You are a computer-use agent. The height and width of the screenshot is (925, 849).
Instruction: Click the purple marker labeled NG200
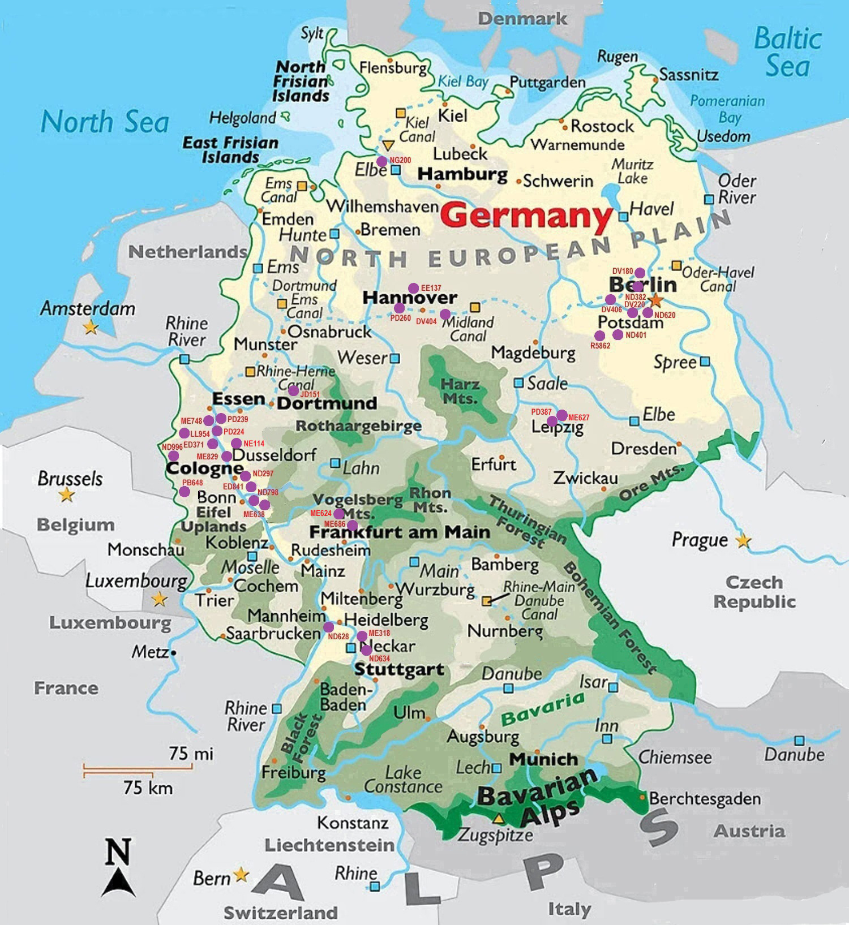point(381,161)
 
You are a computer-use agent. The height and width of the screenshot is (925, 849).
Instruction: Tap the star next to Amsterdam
point(90,327)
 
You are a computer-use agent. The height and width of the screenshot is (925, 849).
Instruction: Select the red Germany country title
point(526,216)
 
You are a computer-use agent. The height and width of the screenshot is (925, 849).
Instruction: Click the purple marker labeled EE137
point(414,288)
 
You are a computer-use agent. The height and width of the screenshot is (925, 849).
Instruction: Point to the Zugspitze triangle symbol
point(498,818)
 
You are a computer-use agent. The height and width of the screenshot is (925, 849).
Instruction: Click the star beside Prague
point(743,541)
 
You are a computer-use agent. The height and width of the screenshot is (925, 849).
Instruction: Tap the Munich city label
point(543,759)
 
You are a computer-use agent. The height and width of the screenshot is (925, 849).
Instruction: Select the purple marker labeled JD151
point(293,390)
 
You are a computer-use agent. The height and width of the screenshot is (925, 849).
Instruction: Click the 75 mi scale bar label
point(191,753)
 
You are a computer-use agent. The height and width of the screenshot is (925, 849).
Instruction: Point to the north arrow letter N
point(118,852)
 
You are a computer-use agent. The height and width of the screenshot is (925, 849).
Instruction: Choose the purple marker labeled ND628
point(328,626)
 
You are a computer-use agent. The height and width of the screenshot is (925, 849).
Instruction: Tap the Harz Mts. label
point(460,391)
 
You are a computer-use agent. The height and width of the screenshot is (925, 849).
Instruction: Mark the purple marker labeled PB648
point(184,491)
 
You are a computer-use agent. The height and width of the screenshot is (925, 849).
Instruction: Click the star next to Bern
point(241,875)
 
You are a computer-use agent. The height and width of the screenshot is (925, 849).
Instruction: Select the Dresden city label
point(644,449)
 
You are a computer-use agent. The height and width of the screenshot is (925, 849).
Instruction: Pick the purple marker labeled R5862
point(600,336)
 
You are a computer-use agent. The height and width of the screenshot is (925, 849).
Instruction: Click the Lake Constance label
point(403,779)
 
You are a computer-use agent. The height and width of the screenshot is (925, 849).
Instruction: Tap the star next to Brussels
point(67,495)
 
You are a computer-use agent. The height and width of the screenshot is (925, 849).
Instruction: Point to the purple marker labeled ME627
point(562,415)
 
